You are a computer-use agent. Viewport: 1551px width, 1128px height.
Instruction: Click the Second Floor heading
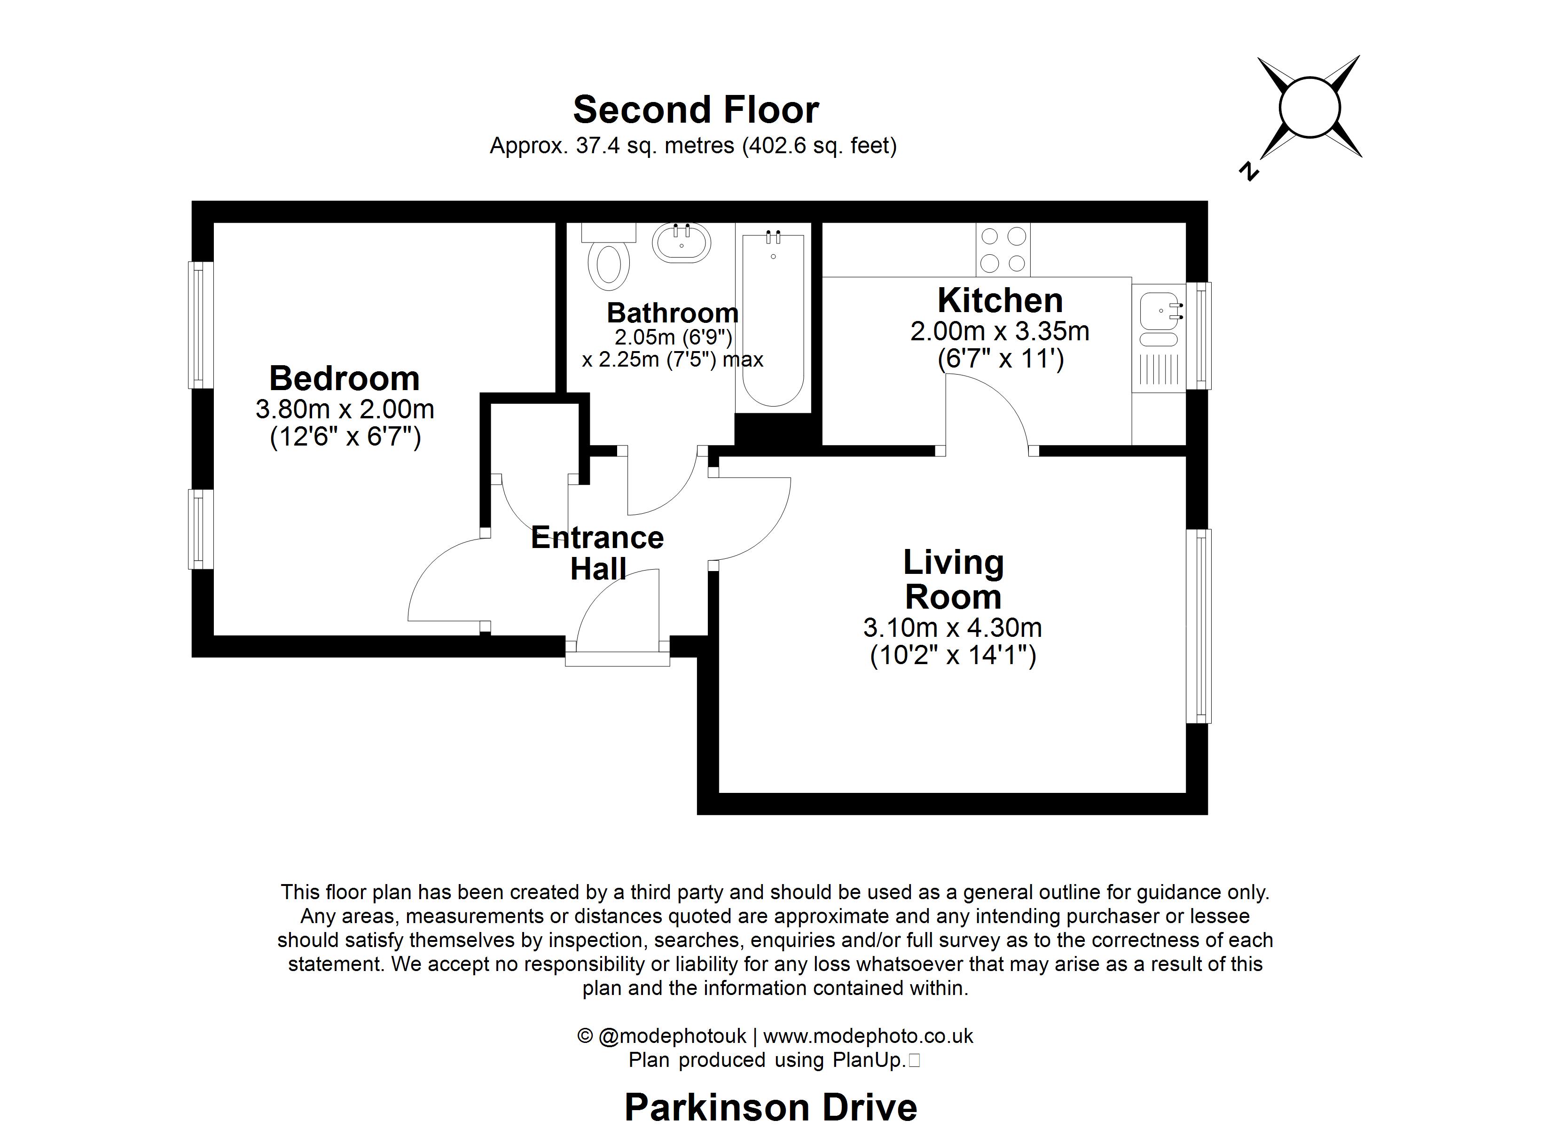[x=696, y=110]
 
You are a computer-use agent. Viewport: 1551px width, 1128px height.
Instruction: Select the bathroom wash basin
[x=681, y=243]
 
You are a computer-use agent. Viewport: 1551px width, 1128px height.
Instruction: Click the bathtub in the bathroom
[x=773, y=321]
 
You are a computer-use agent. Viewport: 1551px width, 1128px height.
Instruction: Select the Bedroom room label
[x=344, y=378]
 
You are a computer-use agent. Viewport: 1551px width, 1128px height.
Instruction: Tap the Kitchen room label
[x=1000, y=300]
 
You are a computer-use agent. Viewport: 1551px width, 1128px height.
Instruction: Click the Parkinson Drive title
[x=771, y=1107]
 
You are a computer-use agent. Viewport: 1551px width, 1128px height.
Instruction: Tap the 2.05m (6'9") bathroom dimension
[x=673, y=337]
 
